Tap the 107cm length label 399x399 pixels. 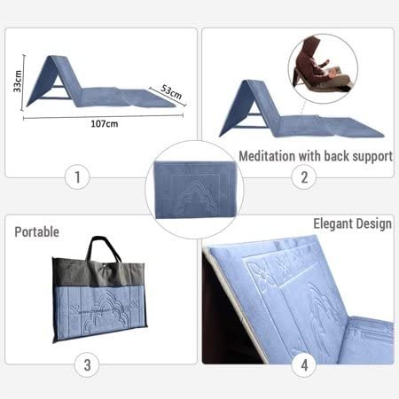(104, 122)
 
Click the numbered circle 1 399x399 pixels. (77, 177)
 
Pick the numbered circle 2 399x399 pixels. (304, 177)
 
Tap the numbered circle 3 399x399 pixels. (87, 364)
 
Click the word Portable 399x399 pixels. (37, 232)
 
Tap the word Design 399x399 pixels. (376, 224)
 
